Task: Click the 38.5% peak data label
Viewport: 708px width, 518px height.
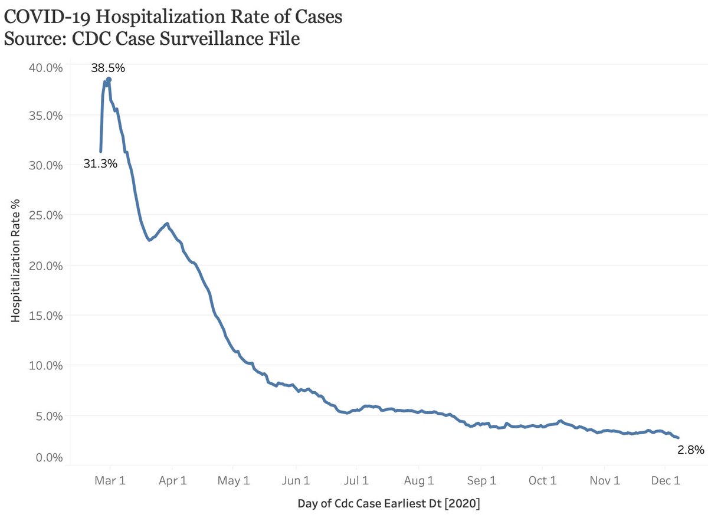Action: [107, 68]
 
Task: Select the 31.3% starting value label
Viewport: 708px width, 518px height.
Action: [100, 164]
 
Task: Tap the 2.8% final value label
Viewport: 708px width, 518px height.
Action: [690, 450]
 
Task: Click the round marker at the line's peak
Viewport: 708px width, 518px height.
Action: [109, 80]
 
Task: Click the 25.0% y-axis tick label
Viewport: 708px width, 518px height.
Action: [45, 215]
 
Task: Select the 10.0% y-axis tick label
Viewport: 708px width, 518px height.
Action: [45, 365]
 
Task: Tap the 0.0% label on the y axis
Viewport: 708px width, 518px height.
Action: [48, 457]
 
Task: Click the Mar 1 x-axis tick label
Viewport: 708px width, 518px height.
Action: [110, 480]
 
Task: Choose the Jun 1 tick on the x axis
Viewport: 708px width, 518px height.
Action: [296, 480]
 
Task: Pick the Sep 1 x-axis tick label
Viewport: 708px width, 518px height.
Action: [481, 480]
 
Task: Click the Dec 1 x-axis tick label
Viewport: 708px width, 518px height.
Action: [666, 480]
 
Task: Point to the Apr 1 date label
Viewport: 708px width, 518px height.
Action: [173, 480]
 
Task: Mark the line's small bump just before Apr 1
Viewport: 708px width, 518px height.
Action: [168, 224]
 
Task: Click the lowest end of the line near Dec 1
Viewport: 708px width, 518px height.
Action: [678, 437]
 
